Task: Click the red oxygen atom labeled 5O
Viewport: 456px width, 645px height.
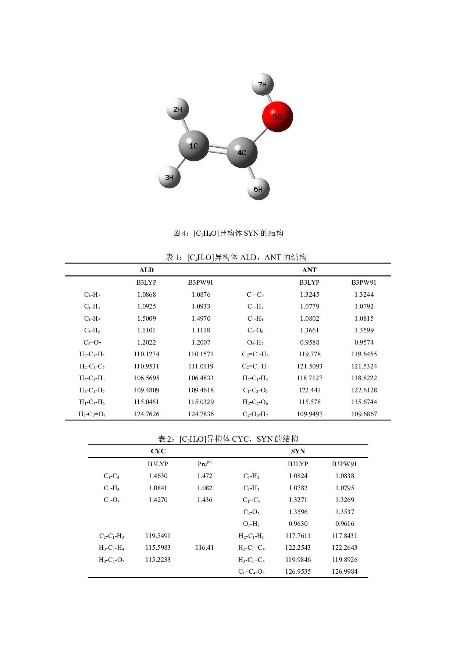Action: click(277, 117)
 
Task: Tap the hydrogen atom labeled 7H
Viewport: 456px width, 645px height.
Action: click(263, 84)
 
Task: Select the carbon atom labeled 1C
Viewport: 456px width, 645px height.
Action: click(194, 146)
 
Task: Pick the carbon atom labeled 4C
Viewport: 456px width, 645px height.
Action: click(242, 152)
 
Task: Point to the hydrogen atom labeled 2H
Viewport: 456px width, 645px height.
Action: click(178, 109)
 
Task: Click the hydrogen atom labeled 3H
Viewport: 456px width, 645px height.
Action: click(170, 177)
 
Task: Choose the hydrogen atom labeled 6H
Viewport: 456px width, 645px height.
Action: click(259, 189)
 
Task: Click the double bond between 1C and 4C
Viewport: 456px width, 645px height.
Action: click(218, 149)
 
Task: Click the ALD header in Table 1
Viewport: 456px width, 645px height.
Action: click(146, 270)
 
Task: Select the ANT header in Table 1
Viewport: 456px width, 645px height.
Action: click(309, 270)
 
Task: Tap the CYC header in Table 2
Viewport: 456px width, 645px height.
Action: click(158, 451)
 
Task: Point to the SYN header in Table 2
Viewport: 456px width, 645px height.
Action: click(298, 451)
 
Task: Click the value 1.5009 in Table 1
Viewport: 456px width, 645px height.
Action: click(146, 318)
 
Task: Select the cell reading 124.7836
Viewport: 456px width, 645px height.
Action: click(201, 414)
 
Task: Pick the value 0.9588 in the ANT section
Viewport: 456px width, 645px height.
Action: click(310, 342)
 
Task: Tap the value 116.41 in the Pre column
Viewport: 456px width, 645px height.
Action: click(204, 548)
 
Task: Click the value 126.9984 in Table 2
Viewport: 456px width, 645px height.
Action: click(345, 571)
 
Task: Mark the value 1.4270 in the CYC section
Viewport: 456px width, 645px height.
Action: click(158, 500)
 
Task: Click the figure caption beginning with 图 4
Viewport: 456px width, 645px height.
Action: click(228, 233)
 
